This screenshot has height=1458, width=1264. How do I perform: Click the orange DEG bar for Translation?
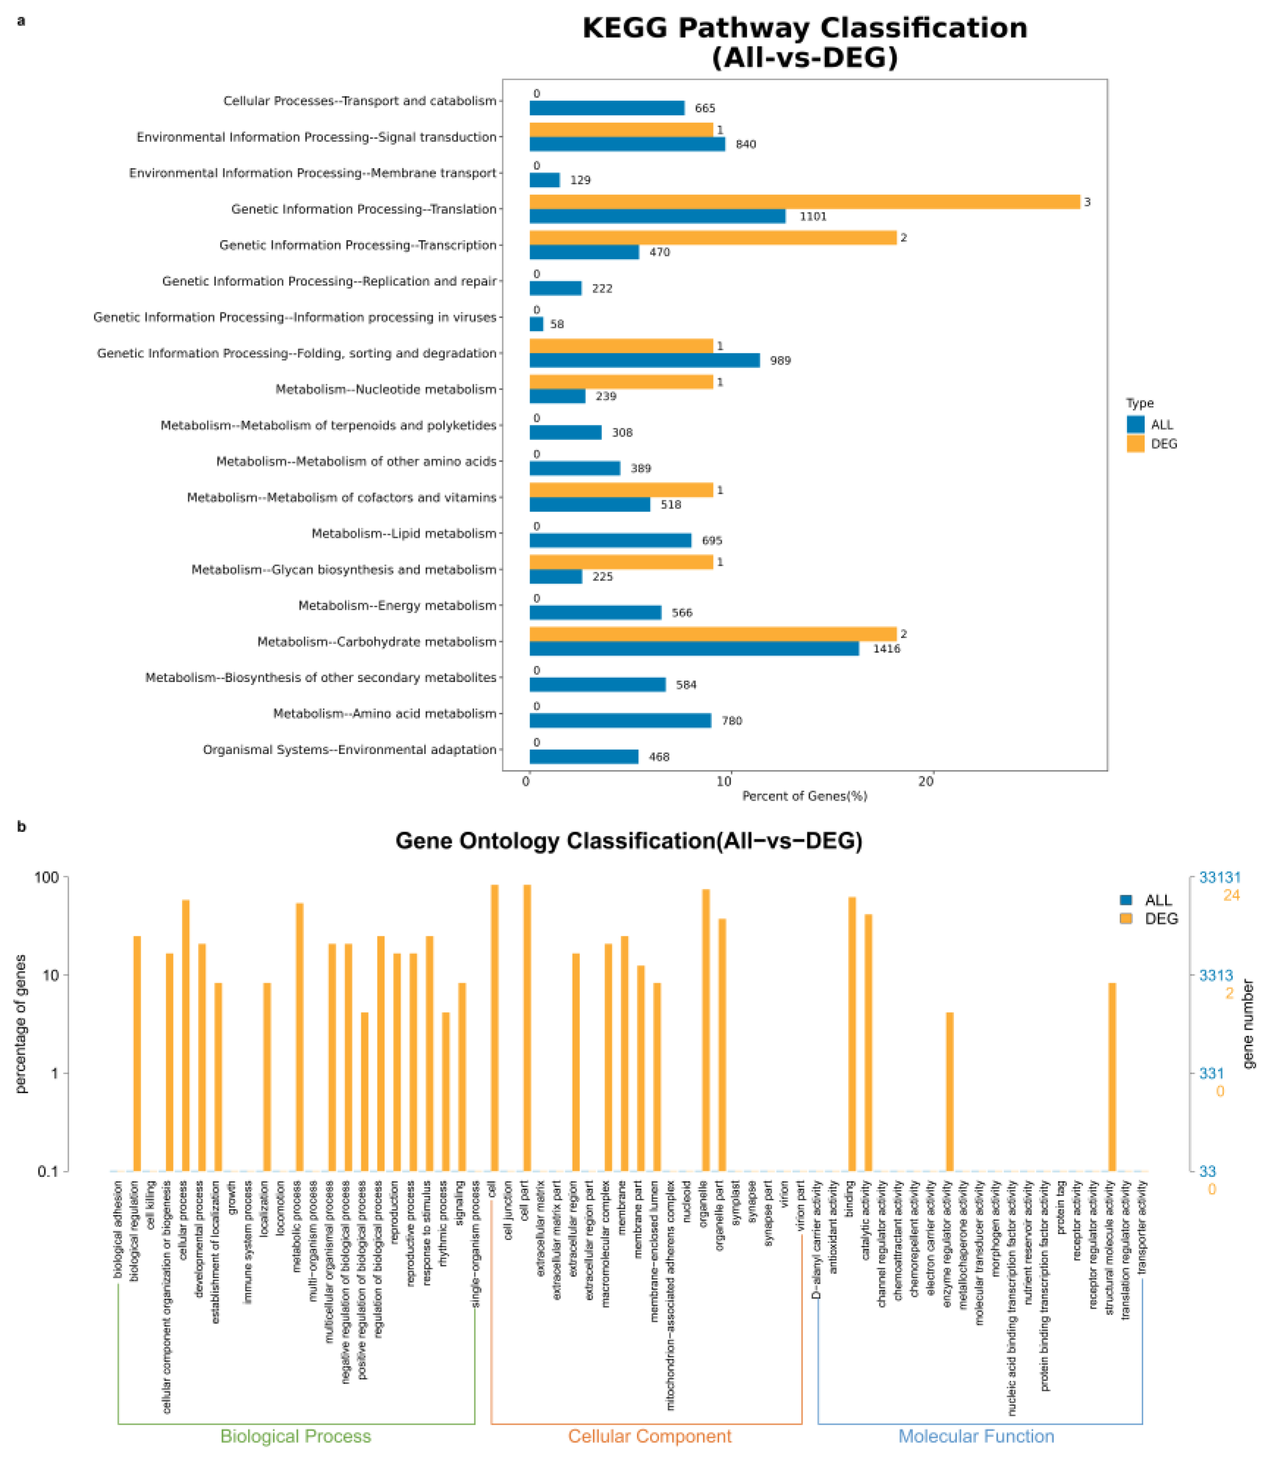click(804, 202)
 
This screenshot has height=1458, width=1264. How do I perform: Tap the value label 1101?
click(813, 217)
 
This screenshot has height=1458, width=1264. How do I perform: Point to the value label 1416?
click(887, 649)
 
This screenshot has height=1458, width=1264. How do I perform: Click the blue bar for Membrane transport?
click(545, 180)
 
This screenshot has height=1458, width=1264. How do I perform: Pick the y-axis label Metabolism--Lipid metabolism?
click(404, 533)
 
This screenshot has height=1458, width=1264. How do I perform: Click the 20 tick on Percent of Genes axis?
click(926, 781)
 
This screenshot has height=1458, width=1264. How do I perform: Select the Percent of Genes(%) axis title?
click(804, 796)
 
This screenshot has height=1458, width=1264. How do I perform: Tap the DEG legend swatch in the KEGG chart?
click(1135, 443)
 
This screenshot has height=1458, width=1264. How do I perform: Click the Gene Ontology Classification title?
click(628, 841)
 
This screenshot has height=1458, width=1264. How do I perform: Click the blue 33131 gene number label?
click(1220, 878)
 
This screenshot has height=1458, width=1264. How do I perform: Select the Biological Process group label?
click(295, 1436)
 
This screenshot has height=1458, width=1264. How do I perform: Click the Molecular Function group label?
click(976, 1436)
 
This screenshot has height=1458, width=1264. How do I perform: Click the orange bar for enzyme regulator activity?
click(950, 1092)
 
